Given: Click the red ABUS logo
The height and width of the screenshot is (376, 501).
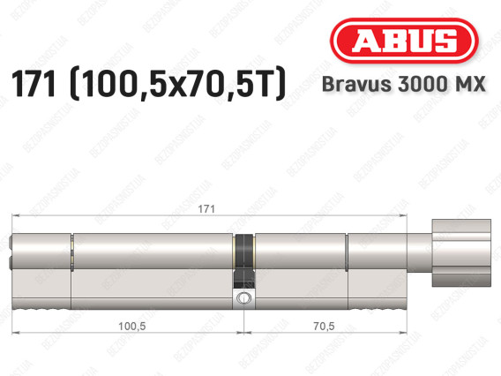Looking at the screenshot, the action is pyautogui.click(x=404, y=41).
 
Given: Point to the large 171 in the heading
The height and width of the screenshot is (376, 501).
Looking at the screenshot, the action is pyautogui.click(x=34, y=84).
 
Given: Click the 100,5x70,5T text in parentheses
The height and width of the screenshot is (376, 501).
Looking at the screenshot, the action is pyautogui.click(x=177, y=84).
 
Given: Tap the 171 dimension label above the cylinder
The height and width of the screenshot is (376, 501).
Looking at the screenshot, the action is pyautogui.click(x=206, y=209).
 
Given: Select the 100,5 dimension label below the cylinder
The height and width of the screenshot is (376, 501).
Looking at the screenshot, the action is pyautogui.click(x=132, y=326).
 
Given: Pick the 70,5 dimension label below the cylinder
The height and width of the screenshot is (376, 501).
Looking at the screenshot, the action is pyautogui.click(x=324, y=326).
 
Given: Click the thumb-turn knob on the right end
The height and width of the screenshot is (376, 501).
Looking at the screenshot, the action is pyautogui.click(x=461, y=252).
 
